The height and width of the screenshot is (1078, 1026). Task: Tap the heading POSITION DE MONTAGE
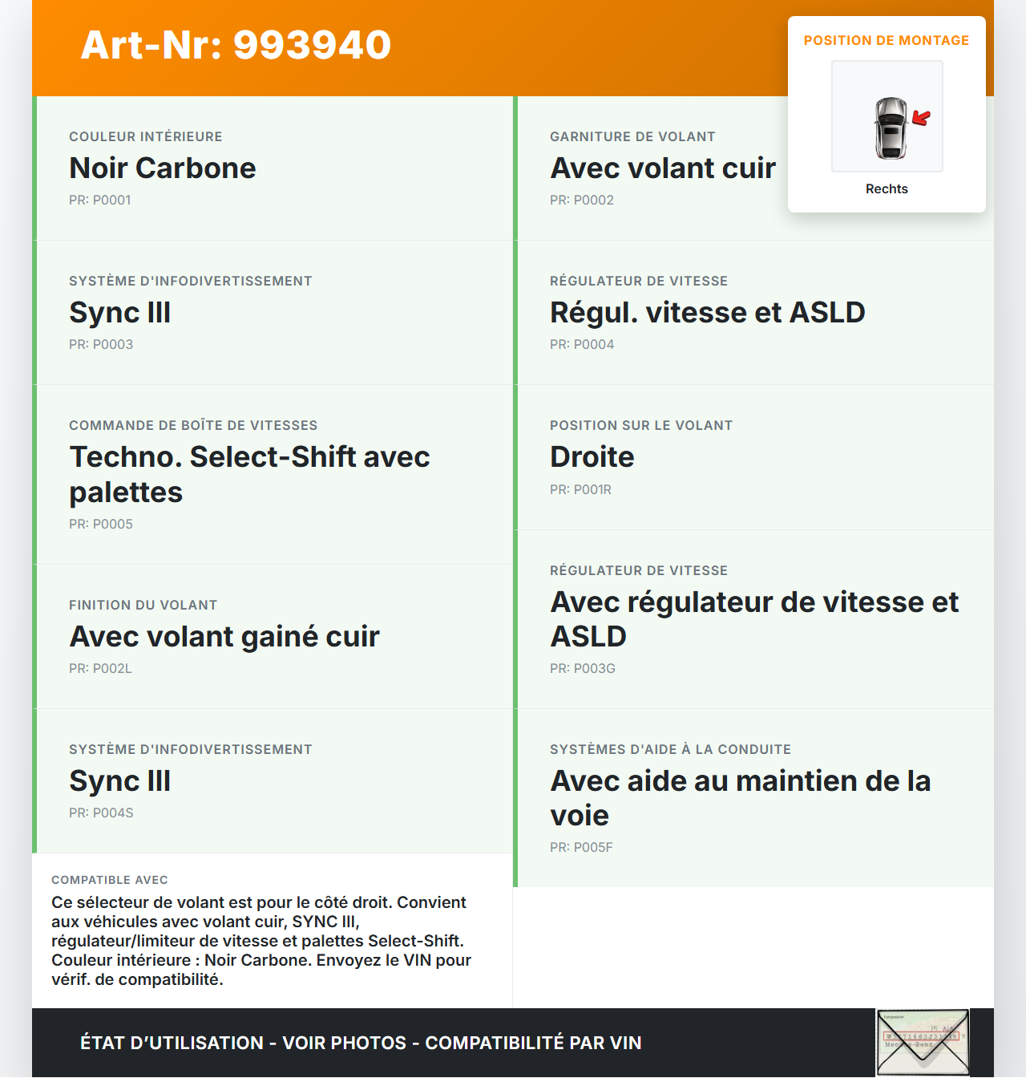886,40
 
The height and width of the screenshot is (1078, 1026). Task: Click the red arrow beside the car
922,119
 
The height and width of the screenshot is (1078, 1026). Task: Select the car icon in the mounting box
891,128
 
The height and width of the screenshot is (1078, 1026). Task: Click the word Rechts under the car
887,189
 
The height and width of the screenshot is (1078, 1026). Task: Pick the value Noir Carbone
163,168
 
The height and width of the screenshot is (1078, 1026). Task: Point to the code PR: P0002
582,201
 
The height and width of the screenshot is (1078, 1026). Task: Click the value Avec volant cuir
663,168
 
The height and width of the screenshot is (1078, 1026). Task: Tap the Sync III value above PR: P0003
120,313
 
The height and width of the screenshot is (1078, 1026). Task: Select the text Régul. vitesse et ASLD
707,313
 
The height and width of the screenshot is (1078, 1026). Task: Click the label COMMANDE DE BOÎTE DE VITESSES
193,426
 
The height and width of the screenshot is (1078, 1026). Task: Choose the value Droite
592,457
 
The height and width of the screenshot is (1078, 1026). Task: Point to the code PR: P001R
580,490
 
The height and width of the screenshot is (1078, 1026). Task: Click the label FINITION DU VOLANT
143,606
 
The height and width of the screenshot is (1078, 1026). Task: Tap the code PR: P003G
583,669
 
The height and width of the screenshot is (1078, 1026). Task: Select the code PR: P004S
101,813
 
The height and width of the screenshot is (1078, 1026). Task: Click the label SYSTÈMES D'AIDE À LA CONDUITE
670,750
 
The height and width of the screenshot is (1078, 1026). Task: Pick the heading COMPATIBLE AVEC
110,880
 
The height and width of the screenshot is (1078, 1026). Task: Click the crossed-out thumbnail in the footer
923,1042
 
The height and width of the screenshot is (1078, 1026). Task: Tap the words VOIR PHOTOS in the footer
345,1043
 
